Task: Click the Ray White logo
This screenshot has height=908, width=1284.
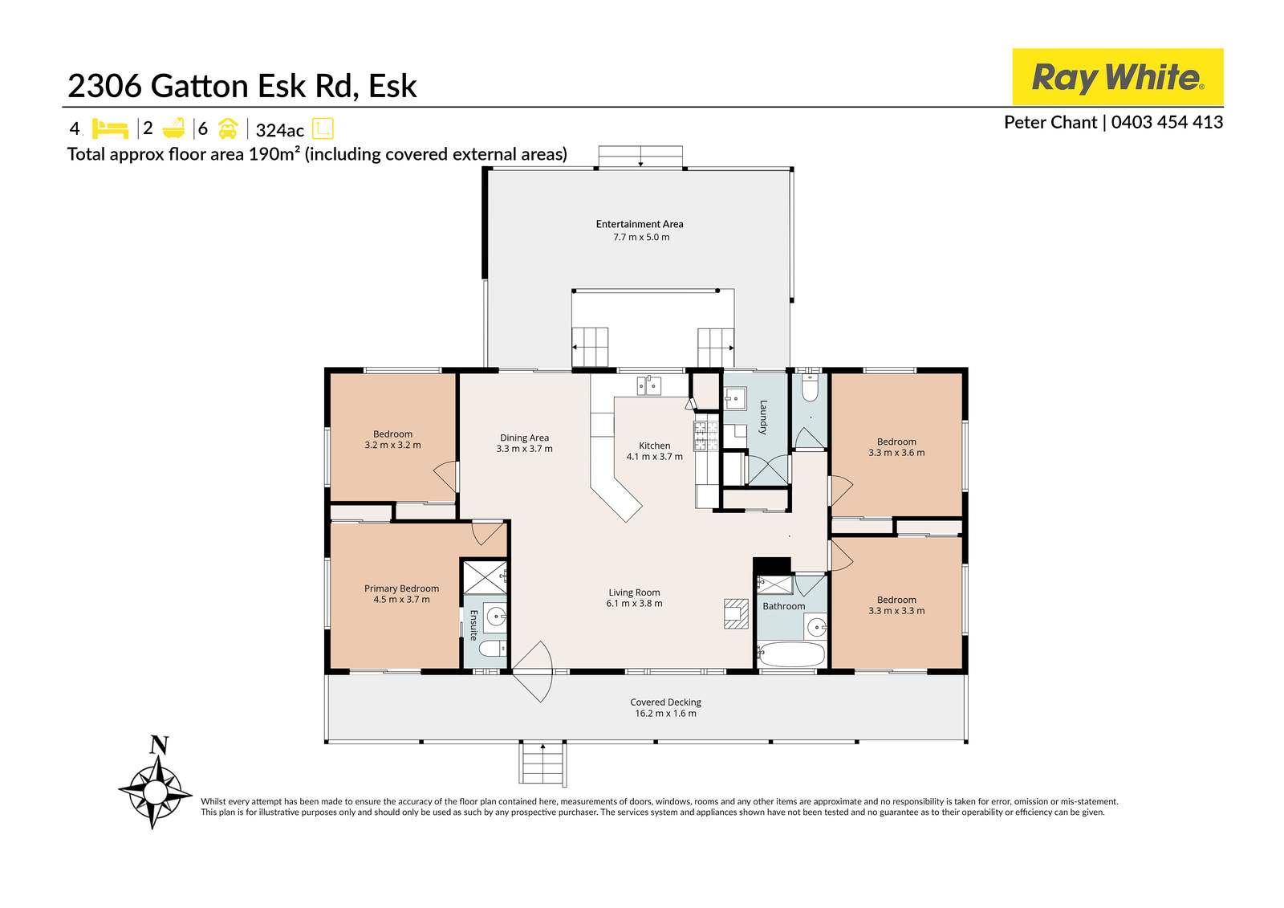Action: pos(1117,77)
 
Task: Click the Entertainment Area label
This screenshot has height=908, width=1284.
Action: pos(640,224)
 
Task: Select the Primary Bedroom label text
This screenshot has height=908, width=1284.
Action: pos(401,588)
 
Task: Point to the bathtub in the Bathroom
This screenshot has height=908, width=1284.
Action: pos(791,654)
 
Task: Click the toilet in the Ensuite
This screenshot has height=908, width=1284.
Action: pos(492,648)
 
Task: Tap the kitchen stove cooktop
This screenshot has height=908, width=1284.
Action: pos(705,434)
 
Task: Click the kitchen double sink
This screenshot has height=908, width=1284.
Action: pos(649,386)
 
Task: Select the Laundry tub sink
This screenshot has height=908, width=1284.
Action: pos(735,398)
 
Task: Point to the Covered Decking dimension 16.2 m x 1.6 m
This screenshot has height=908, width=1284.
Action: pos(666,713)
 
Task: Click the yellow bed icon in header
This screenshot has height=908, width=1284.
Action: pos(110,128)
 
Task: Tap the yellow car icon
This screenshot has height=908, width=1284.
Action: pos(228,128)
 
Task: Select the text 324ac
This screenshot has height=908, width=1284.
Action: pos(279,131)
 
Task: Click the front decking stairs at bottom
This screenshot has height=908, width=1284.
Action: pos(543,764)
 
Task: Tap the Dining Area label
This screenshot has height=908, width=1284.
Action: pos(524,438)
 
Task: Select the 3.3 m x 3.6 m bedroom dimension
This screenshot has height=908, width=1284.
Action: pos(896,453)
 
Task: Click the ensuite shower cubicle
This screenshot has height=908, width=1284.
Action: pos(485,577)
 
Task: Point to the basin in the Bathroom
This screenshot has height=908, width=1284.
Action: pos(816,625)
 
